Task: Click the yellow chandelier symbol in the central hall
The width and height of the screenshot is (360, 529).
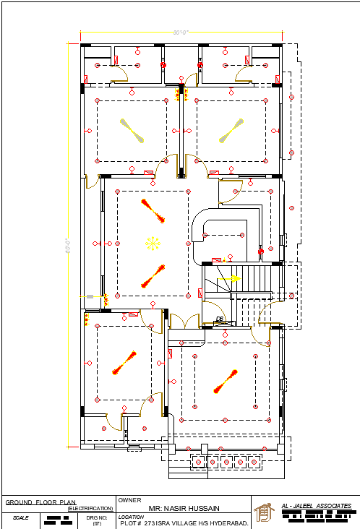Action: [152, 244]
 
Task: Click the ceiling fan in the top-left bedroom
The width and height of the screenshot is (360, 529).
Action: [133, 129]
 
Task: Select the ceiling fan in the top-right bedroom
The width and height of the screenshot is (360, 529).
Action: [231, 129]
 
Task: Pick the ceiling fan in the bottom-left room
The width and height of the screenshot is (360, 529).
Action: [124, 364]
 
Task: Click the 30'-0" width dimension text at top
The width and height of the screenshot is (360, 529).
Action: [181, 33]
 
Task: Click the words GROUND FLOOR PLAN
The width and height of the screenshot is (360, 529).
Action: [40, 502]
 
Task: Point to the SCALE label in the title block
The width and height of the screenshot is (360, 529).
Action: [20, 517]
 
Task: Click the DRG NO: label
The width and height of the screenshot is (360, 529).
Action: [97, 517]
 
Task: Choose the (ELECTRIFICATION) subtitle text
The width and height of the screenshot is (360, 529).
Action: [90, 509]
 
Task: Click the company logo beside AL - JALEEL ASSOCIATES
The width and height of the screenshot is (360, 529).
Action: [266, 512]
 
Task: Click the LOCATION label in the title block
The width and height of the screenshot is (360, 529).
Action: [132, 517]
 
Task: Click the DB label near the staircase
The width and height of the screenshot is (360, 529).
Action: [220, 319]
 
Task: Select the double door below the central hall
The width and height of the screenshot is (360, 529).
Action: [184, 321]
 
